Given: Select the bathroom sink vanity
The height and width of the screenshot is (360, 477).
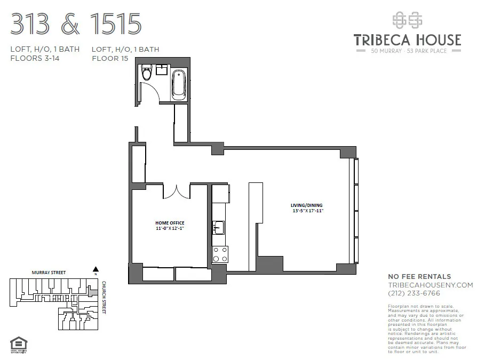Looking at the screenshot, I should point(161,70).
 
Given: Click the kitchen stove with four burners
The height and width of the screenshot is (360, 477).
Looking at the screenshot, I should point(220,254).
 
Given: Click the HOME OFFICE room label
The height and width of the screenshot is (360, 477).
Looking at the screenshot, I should point(170,222).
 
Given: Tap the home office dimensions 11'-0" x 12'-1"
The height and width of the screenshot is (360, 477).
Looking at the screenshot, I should point(170,228).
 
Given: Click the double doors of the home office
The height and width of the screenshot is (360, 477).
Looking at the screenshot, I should point(177,192).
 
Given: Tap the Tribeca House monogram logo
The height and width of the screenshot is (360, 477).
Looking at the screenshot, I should point(407,20).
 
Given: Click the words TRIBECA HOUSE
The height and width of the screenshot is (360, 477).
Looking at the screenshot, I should point(407,40).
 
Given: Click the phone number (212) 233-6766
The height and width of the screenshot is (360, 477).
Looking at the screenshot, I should point(414,293).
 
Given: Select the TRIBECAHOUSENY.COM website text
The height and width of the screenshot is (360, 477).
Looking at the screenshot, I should point(430,285).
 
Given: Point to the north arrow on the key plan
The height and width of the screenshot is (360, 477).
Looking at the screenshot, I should point(96,269).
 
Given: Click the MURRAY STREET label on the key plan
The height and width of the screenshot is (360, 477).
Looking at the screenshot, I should point(49,273).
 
